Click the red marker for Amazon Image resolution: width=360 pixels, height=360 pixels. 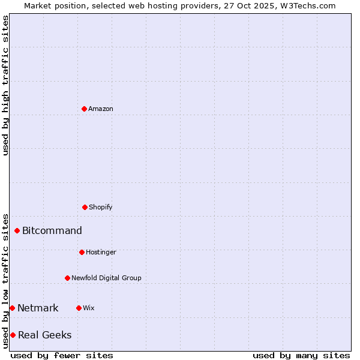tap(84, 109)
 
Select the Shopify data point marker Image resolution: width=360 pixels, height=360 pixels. tap(85, 207)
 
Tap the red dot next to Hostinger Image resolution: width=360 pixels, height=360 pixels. tap(82, 252)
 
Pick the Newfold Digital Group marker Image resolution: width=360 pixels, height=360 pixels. tap(67, 278)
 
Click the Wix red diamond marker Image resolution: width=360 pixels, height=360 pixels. tap(79, 308)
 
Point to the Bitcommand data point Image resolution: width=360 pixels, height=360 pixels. tap(17, 230)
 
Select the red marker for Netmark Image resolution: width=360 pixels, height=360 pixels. tap(12, 308)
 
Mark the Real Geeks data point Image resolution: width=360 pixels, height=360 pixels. tap(13, 335)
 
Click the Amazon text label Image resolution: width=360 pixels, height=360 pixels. tap(101, 109)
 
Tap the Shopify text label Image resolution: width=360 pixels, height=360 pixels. tap(101, 207)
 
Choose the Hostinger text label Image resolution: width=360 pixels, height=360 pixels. tap(101, 252)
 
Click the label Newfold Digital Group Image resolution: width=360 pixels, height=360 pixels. tap(106, 278)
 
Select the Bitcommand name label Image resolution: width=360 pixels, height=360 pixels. tap(52, 230)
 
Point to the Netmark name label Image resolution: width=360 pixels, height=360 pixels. tap(38, 308)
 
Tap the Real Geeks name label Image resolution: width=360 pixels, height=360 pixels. tap(44, 335)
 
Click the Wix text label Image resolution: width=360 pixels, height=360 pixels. tap(89, 308)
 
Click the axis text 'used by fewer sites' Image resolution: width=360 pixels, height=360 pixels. tap(62, 355)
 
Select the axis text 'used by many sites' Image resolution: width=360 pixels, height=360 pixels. tap(301, 355)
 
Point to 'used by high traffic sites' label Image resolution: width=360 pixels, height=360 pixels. tap(5, 85)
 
